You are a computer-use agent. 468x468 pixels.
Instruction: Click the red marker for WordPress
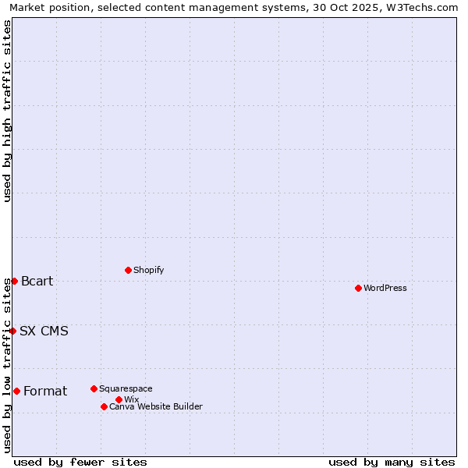click(x=358, y=288)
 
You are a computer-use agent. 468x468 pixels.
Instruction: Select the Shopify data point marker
click(x=128, y=270)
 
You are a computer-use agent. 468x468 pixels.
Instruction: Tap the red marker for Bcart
click(x=14, y=281)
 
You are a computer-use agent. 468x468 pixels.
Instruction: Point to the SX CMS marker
click(x=12, y=331)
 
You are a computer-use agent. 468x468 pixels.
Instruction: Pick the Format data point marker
click(x=16, y=391)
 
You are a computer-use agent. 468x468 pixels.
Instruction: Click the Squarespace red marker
click(x=94, y=388)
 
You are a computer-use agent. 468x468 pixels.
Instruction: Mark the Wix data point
click(x=119, y=399)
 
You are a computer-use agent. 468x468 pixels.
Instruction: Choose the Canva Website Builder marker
click(x=104, y=406)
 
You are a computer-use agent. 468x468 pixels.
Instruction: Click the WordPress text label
click(x=385, y=288)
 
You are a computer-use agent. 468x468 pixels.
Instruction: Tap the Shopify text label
click(x=149, y=270)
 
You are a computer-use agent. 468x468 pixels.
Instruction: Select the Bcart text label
click(x=37, y=281)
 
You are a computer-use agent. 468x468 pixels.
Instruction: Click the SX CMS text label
click(x=44, y=331)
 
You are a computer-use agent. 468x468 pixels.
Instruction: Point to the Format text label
click(x=45, y=391)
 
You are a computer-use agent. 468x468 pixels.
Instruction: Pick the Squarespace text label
click(x=126, y=388)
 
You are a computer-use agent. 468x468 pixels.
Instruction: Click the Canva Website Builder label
click(x=156, y=406)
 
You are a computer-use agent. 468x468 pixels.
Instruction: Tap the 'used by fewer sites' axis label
click(x=80, y=462)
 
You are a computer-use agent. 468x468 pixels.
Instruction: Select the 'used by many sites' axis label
click(x=392, y=462)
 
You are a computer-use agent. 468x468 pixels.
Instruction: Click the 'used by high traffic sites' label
click(x=7, y=111)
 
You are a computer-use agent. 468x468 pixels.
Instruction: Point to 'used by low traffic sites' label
click(x=7, y=365)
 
